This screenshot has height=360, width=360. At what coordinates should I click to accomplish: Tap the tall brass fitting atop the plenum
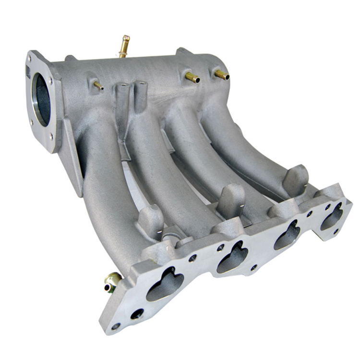[x=124, y=46]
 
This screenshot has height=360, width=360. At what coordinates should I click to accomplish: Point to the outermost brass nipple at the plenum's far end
[x=222, y=75]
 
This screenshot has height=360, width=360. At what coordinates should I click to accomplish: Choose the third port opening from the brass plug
[x=287, y=235]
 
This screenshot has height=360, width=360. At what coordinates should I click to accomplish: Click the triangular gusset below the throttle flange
[x=72, y=158]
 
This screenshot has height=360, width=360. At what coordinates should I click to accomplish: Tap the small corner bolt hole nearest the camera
[x=116, y=326]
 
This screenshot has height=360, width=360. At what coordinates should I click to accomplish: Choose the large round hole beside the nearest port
[x=137, y=314]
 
